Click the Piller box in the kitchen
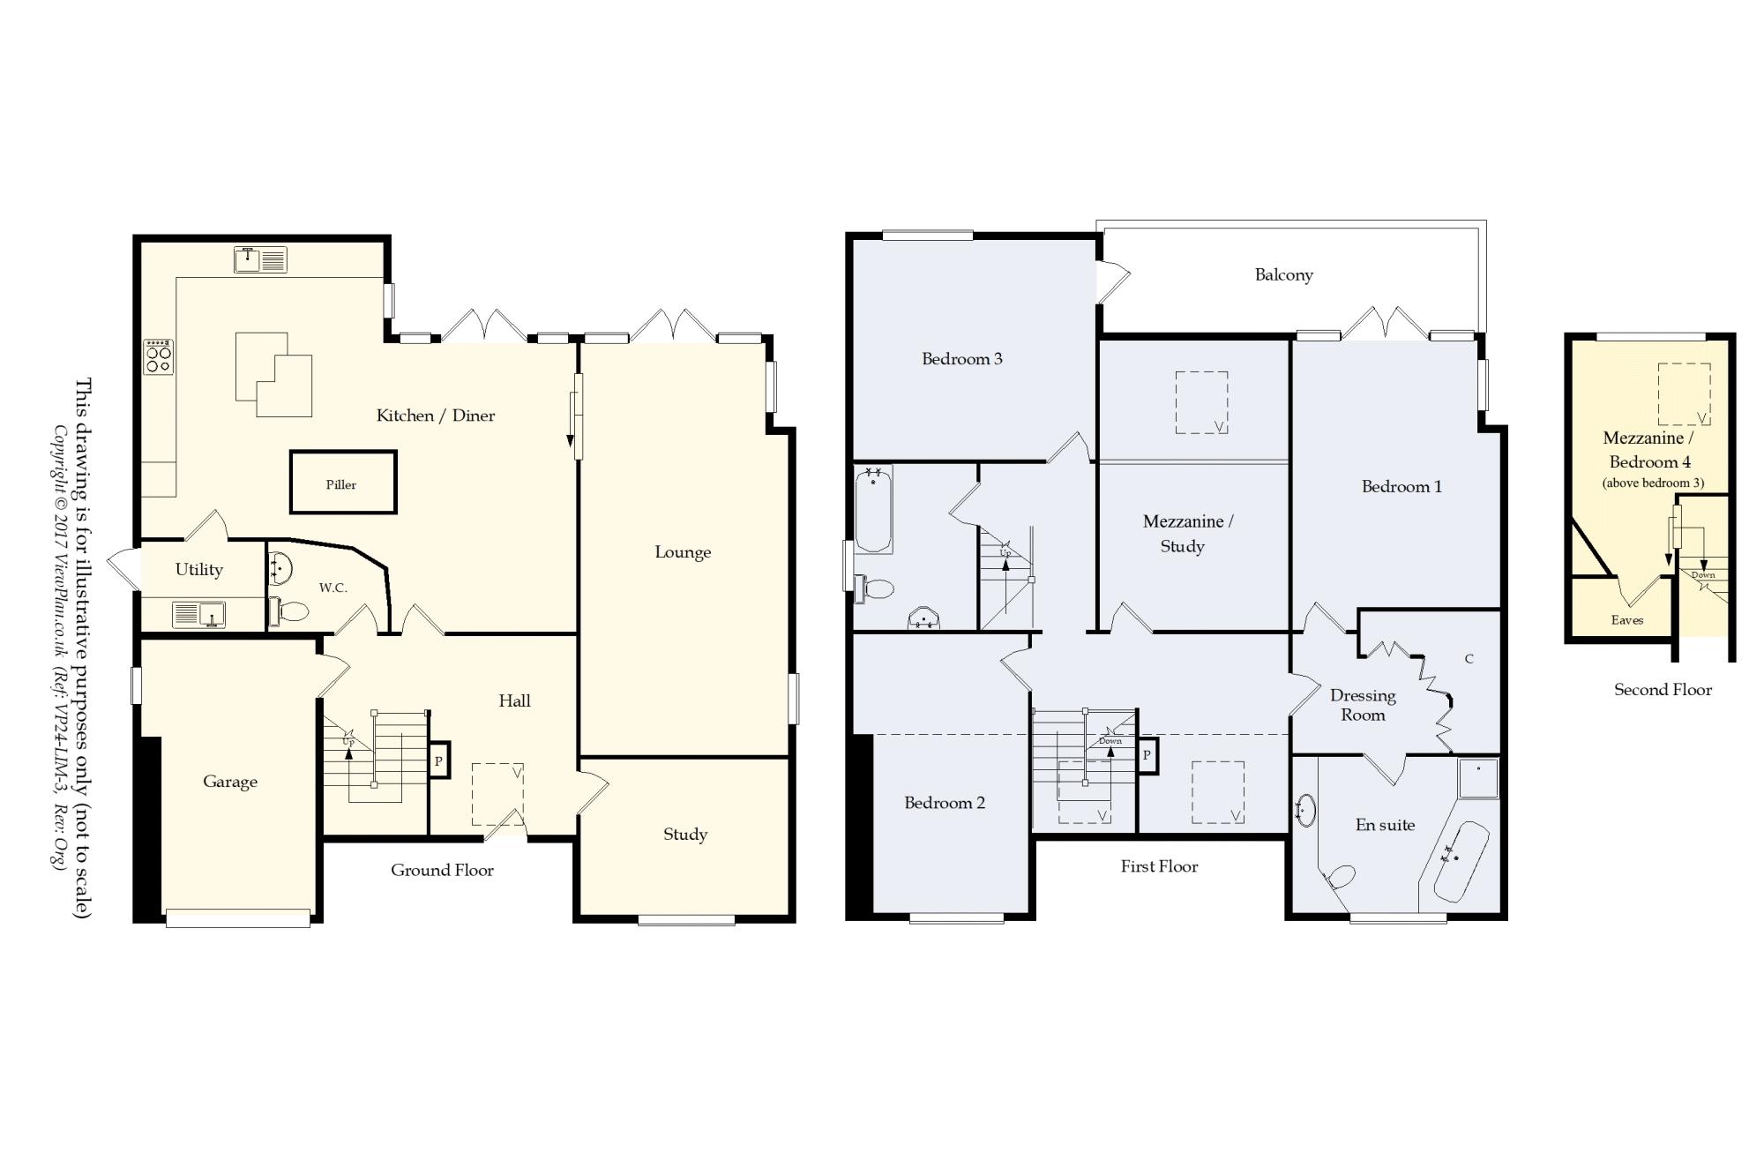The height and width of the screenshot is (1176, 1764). point(343,482)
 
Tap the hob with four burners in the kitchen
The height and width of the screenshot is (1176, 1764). point(159,356)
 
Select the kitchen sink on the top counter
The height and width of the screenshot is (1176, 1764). point(261,259)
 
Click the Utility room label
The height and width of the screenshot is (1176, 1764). point(199,570)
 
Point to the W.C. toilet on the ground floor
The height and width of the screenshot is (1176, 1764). point(290,610)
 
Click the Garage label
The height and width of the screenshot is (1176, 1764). point(230,782)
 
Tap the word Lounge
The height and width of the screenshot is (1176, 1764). point(683,552)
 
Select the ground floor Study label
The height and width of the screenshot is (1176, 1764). point(685,835)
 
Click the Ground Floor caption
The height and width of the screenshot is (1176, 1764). point(442,870)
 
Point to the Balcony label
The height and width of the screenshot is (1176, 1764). point(1284,275)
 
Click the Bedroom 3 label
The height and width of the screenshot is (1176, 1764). point(962,359)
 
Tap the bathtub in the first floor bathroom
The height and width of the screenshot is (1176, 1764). point(873,509)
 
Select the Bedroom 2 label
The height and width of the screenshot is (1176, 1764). point(945,803)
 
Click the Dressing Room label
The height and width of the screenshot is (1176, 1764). point(1364,705)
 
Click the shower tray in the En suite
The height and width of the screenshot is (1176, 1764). point(1477,778)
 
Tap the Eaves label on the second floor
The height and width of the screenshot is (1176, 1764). point(1627,620)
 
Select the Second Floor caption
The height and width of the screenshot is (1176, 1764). point(1663,690)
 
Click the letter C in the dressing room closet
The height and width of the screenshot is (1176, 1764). point(1469,659)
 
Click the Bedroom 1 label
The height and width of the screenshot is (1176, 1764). point(1401,487)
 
